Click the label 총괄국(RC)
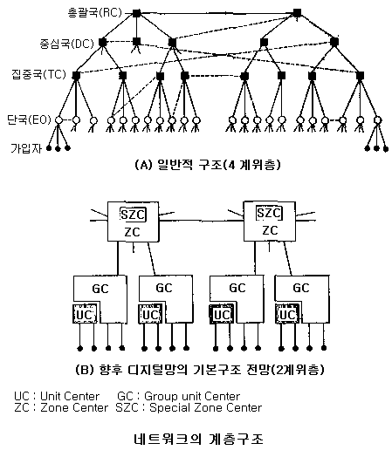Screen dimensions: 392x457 coord(94,13)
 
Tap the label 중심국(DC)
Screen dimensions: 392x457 coord(67,44)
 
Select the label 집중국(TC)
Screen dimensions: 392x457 coord(38,74)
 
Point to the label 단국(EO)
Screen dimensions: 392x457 coord(29,119)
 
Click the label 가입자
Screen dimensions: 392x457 coord(26,148)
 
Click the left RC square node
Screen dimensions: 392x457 coord(136,13)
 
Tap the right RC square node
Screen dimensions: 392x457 coord(297,13)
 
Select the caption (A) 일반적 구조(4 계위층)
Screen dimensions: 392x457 coord(208,165)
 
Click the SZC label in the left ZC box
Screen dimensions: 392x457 coord(133,215)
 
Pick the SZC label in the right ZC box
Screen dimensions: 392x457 coord(269,213)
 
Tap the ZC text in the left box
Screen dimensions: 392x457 coord(132,232)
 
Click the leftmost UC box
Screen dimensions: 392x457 coord(85,314)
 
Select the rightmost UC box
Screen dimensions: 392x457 coord(287,314)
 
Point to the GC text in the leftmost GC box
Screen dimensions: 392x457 coord(100,289)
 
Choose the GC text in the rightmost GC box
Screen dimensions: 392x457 coord(301,288)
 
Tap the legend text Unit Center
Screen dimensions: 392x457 coord(70,396)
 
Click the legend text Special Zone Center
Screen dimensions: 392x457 coord(206,408)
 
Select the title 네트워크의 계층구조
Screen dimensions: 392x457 coord(199,439)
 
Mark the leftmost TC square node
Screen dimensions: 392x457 coord(76,76)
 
